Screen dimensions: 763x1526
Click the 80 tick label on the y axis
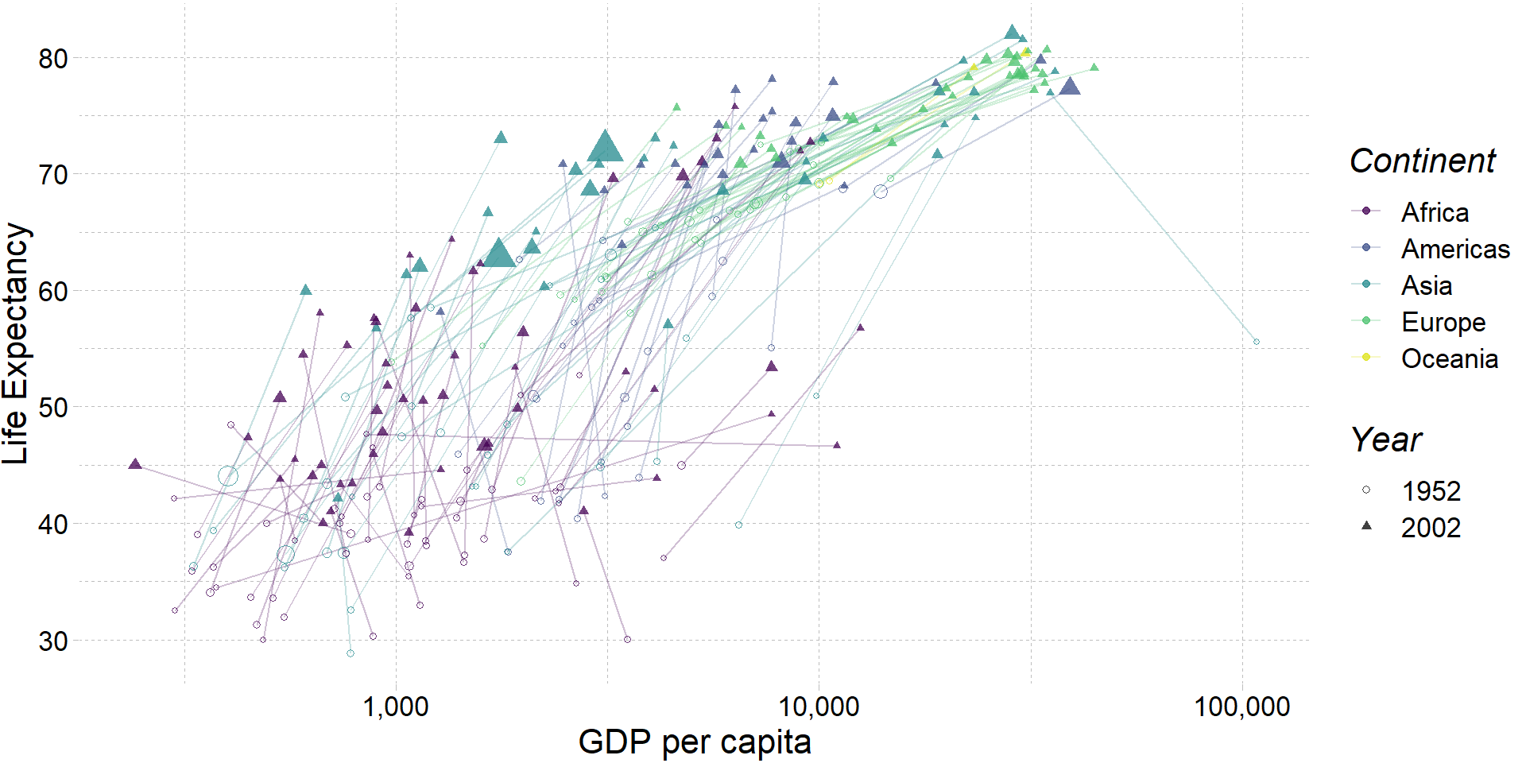(53, 59)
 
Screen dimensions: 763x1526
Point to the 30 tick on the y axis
(53, 641)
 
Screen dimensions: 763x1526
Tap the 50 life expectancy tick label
(53, 408)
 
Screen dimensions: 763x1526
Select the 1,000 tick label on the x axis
(396, 707)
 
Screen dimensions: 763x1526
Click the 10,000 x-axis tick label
(819, 707)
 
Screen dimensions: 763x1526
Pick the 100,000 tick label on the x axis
(1241, 707)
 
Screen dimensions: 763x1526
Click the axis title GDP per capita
(695, 742)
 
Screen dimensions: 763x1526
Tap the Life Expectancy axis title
(16, 343)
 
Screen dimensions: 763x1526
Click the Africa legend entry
(1434, 212)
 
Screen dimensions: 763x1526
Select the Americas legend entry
(1454, 249)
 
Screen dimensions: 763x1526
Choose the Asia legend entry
(1426, 285)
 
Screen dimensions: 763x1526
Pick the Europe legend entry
(1443, 322)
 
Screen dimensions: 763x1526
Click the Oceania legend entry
(1449, 358)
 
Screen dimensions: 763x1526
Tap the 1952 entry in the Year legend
(1431, 491)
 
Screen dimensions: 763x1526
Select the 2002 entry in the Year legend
(1431, 528)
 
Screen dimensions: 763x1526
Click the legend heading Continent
(1422, 161)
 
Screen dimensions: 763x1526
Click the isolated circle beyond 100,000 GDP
(1257, 342)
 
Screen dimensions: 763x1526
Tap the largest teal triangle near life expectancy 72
(606, 148)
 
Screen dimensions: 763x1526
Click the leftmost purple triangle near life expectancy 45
(135, 464)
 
